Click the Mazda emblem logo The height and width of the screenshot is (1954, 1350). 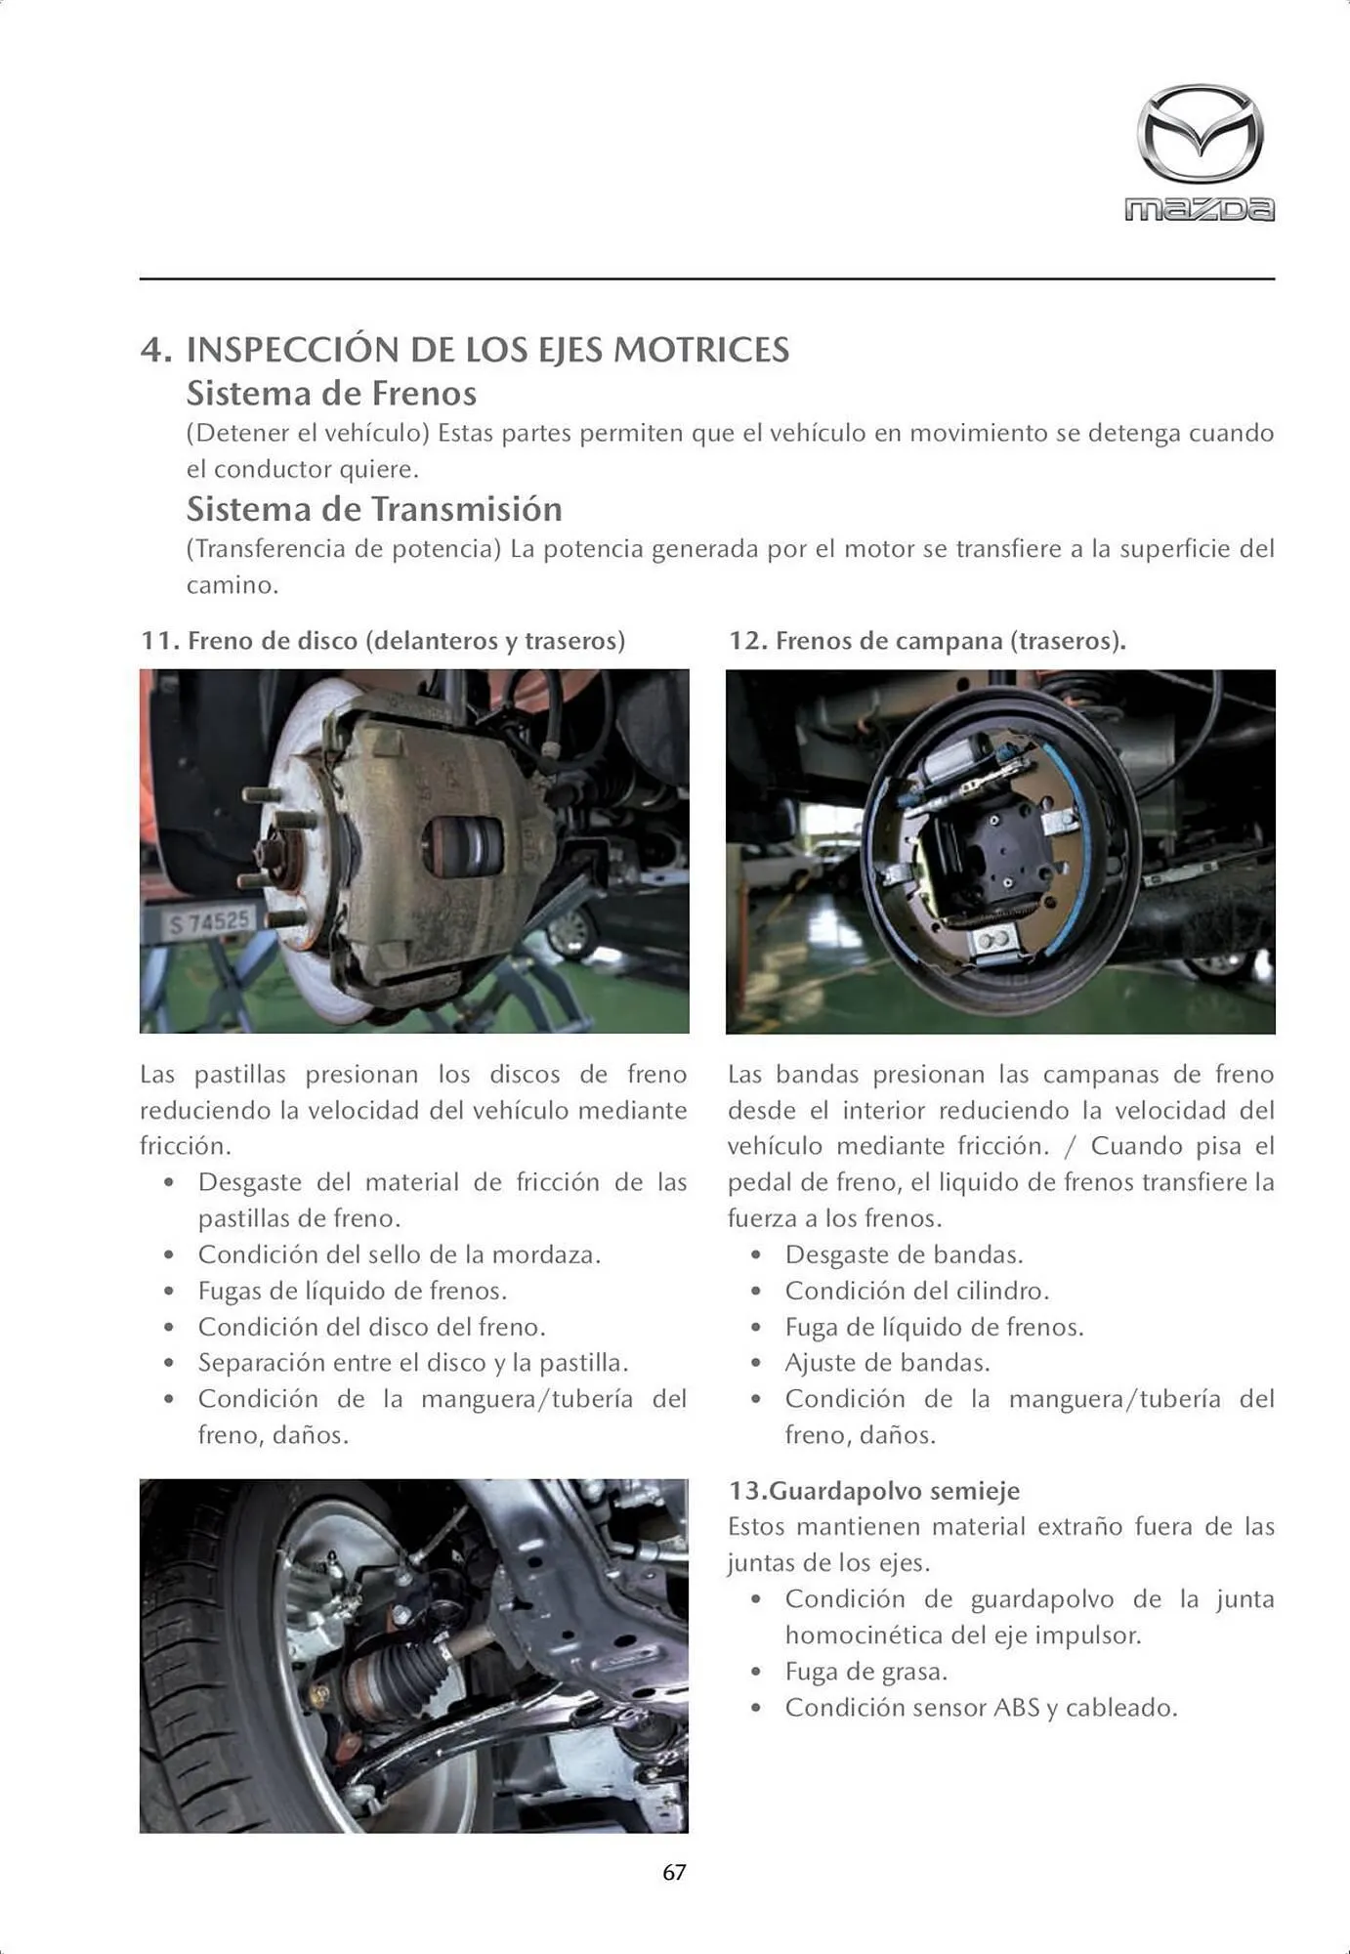[1200, 134]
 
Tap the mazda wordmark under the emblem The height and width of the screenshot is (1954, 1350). [1200, 209]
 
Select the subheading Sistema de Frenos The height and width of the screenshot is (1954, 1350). [331, 394]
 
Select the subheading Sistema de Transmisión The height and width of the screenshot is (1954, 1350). [374, 509]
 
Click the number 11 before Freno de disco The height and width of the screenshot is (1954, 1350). [157, 641]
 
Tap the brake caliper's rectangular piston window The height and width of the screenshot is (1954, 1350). [465, 845]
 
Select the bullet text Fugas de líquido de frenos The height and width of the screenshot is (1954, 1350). [353, 1291]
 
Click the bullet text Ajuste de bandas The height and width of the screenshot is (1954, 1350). [887, 1363]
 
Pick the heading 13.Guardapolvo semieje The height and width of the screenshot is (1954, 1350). [873, 1491]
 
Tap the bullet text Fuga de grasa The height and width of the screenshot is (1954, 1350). [865, 1672]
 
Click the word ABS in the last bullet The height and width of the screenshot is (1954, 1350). [1016, 1708]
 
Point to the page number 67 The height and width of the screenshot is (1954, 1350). [674, 1872]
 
